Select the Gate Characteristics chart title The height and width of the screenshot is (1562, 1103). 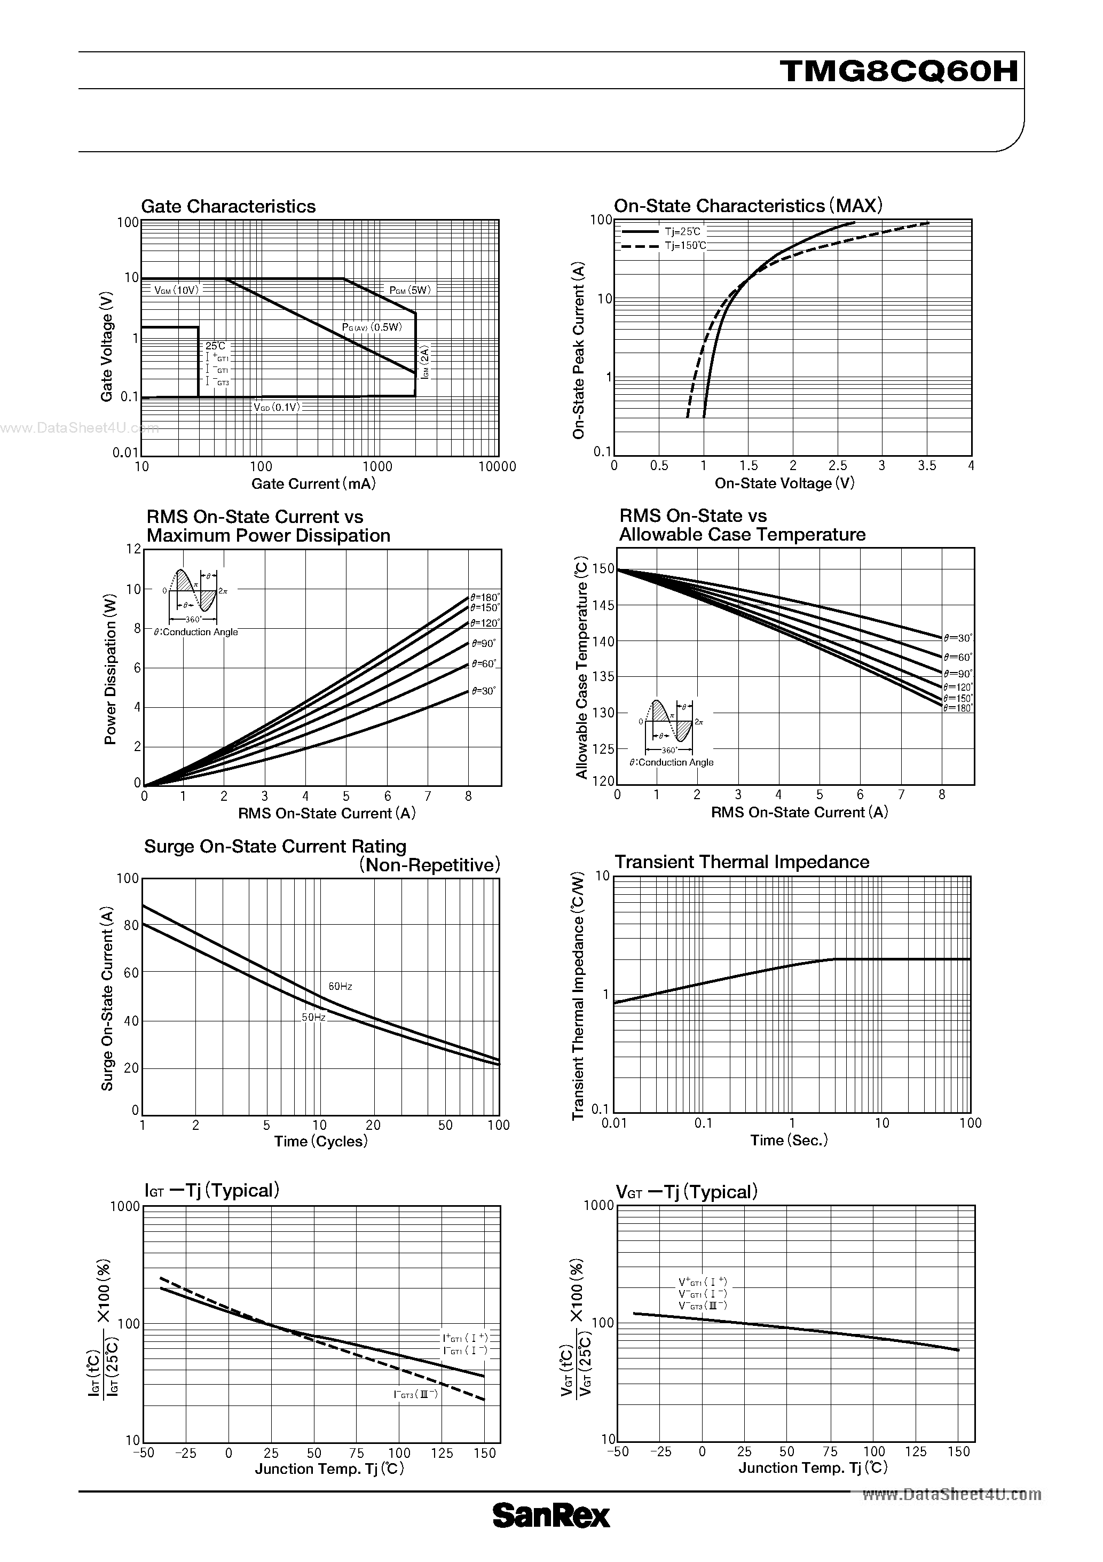228,206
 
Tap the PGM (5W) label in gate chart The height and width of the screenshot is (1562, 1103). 409,290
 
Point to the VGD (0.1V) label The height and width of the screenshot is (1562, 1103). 276,407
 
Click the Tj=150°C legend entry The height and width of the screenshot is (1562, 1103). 686,246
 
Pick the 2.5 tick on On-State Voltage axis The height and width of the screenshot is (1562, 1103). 837,466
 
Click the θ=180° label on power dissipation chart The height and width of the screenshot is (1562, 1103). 485,597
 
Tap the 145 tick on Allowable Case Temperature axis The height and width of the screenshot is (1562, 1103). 604,605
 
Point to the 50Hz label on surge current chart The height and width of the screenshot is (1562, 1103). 313,1018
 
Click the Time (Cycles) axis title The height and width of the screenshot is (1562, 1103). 320,1142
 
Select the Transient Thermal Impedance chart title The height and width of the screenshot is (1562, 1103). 741,862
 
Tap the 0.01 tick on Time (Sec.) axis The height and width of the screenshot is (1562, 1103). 614,1123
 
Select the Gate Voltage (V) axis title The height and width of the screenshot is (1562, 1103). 107,347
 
